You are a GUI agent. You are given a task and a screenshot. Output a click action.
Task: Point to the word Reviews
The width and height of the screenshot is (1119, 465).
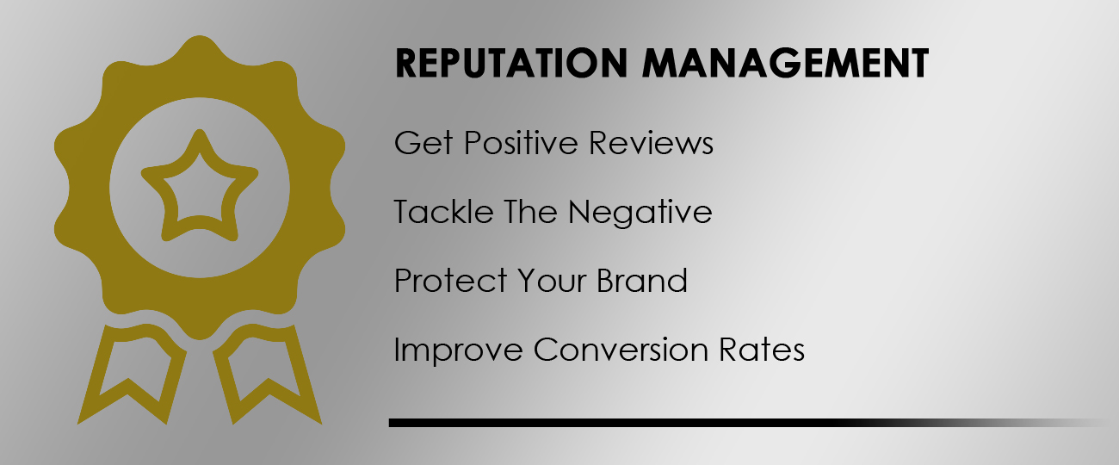(652, 143)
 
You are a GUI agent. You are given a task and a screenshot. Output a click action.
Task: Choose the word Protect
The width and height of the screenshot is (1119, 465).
(449, 281)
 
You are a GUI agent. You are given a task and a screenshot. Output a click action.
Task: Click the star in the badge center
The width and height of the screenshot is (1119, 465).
(200, 185)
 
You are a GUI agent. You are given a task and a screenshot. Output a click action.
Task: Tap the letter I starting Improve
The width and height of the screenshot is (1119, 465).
(398, 350)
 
